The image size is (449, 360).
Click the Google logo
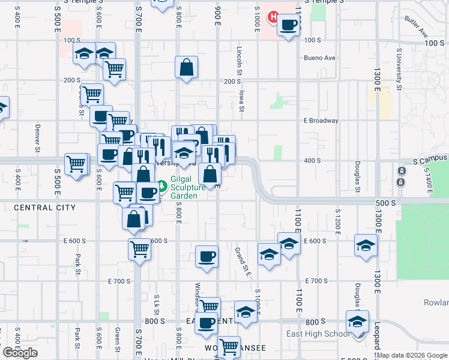pyautogui.click(x=20, y=353)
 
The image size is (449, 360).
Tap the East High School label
pyautogui.click(x=318, y=334)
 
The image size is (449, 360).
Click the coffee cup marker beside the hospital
pyautogui.click(x=289, y=25)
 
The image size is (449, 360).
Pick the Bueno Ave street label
pyautogui.click(x=320, y=58)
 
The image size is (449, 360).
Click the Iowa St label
pyautogui.click(x=242, y=98)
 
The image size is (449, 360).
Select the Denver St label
pyautogui.click(x=37, y=138)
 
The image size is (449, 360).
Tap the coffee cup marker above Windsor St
pyautogui.click(x=206, y=256)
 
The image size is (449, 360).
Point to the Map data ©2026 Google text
pyautogui.click(x=412, y=355)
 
